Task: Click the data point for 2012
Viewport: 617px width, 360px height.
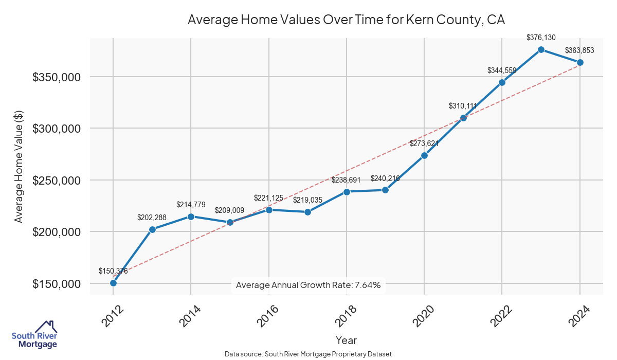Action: coord(113,283)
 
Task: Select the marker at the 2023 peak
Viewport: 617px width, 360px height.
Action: coord(541,49)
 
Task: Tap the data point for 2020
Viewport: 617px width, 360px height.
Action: coord(424,155)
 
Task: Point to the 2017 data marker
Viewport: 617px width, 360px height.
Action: coord(307,212)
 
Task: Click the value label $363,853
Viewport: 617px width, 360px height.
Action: coord(579,50)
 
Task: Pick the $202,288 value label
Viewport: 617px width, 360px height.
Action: coord(152,218)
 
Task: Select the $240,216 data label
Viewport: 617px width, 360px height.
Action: coord(385,178)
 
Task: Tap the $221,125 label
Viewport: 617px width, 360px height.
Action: coord(268,198)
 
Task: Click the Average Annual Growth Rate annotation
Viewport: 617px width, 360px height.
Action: coord(308,285)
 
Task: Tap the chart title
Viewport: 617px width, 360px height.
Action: coord(347,20)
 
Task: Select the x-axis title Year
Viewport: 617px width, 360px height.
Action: coord(346,340)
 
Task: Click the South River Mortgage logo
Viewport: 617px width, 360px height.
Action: coord(34,335)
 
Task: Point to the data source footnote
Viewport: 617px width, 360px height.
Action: coord(308,354)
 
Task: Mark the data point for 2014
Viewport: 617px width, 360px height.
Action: coord(191,217)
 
